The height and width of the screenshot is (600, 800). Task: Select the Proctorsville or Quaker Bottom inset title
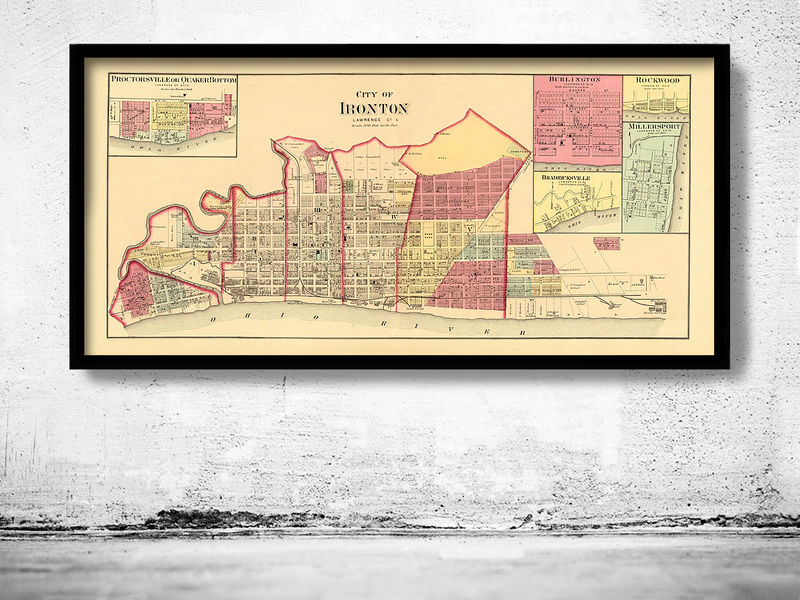point(173,79)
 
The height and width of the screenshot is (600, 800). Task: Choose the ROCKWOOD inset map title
point(655,80)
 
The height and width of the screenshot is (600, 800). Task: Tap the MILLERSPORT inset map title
point(655,129)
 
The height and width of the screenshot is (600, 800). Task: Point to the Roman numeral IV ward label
point(395,217)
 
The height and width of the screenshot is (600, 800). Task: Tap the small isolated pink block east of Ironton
point(605,243)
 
